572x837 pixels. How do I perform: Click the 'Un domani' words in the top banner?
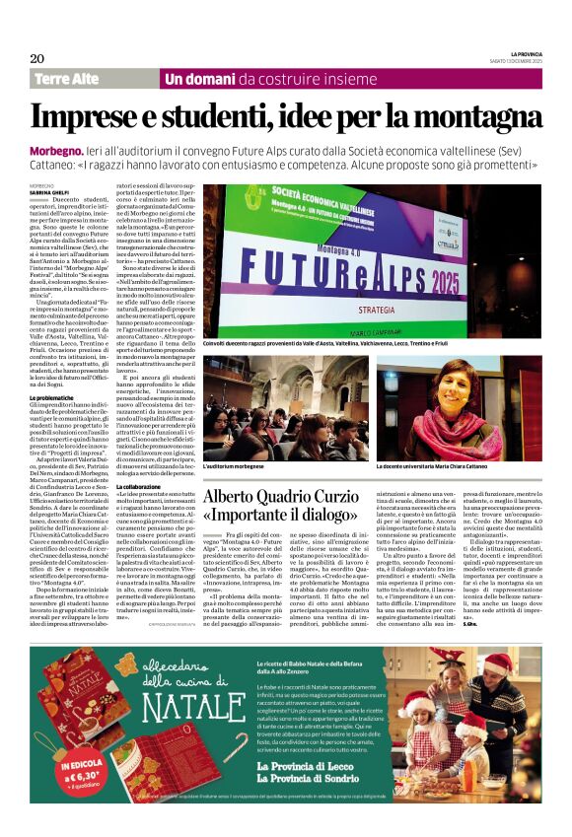tap(194, 79)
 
